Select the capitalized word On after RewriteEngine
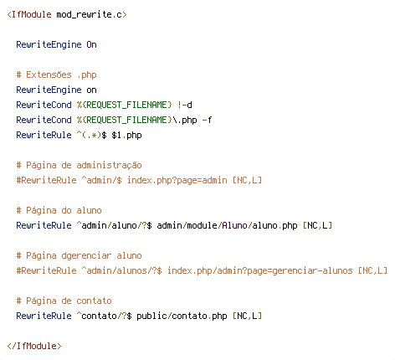91,44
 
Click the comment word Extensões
49,75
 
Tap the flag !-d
185,105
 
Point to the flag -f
207,120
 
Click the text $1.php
126,135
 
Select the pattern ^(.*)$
91,135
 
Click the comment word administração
109,165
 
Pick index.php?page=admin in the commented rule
177,180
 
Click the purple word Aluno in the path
234,225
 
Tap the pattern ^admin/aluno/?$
114,225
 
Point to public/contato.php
182,316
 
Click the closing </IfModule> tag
34,346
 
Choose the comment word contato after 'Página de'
94,301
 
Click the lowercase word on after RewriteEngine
91,90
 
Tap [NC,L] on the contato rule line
248,316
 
